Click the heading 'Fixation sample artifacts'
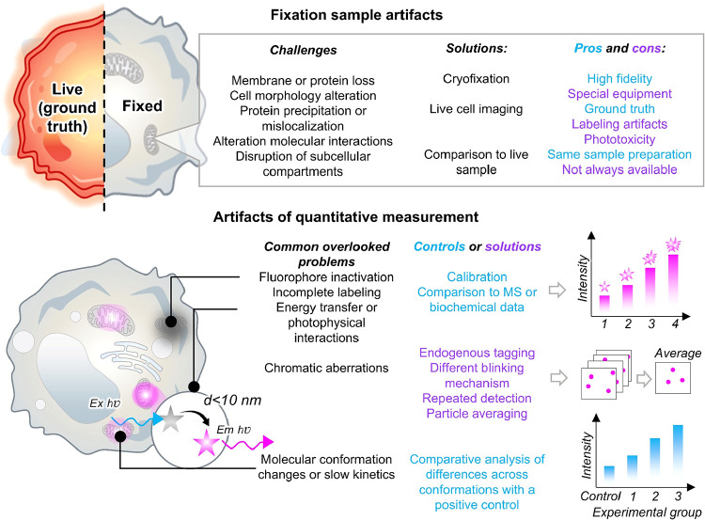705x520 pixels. (356, 15)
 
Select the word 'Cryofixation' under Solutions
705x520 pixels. (477, 79)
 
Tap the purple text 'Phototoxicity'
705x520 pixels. (619, 139)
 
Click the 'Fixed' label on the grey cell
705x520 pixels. (142, 106)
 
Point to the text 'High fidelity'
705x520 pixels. (619, 79)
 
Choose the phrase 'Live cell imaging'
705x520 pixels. (477, 109)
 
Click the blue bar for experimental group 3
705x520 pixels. (678, 454)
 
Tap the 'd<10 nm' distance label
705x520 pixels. (232, 400)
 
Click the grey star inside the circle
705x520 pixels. (172, 418)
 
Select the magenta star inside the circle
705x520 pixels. (208, 443)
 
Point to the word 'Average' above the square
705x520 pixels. (678, 354)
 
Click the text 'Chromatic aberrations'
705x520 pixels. (326, 368)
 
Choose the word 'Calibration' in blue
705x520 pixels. (477, 276)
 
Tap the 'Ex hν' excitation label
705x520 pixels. (104, 403)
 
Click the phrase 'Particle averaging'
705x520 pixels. (477, 414)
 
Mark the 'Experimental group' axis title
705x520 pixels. (647, 512)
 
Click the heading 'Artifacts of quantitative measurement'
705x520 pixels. (346, 217)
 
